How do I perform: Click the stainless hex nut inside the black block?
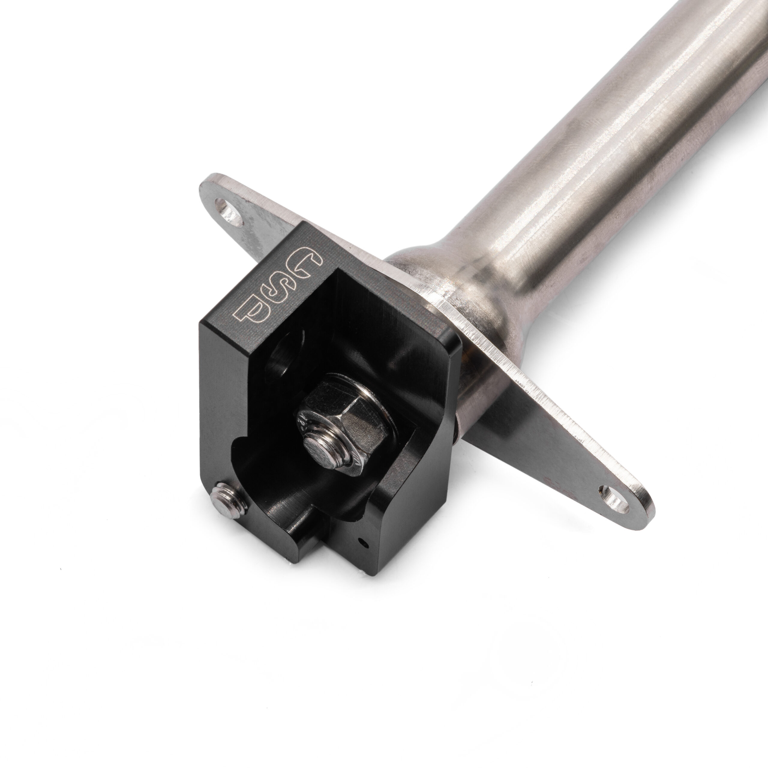342,411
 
